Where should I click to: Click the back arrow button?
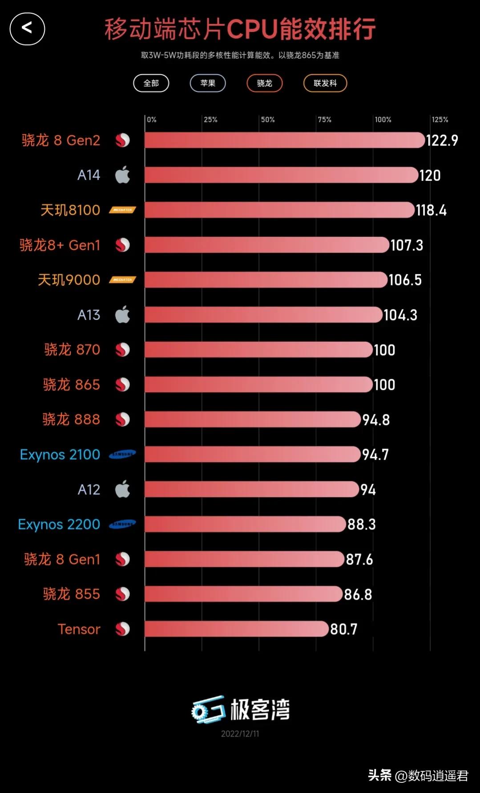coord(27,29)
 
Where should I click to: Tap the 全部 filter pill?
coord(151,83)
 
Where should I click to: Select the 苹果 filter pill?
coord(208,83)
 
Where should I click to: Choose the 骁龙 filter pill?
coord(265,83)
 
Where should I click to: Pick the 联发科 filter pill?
coord(325,83)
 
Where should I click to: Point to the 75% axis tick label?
coord(324,120)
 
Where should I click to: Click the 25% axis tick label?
coord(210,120)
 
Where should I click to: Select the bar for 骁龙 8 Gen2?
coord(285,140)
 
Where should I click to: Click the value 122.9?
coord(442,140)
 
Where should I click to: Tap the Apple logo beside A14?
coord(122,175)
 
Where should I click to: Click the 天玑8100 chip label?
coord(70,210)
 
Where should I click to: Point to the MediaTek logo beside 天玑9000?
coord(122,280)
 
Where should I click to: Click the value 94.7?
coord(375,454)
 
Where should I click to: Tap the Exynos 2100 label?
coord(60,454)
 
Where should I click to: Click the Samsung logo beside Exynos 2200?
coord(122,524)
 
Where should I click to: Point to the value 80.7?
coord(343,629)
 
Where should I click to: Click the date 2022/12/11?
coord(240,734)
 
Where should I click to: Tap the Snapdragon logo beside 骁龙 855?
coord(122,594)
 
